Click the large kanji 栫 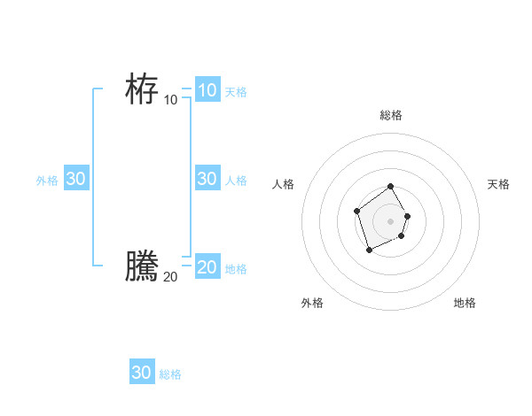(x=142, y=89)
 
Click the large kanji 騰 (x=142, y=266)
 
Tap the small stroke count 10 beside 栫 (x=170, y=100)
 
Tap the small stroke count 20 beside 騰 (x=170, y=277)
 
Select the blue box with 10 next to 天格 (x=207, y=90)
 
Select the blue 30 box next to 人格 (x=207, y=179)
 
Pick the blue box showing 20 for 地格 (x=207, y=267)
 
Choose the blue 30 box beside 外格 (x=75, y=179)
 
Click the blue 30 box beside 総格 (x=141, y=373)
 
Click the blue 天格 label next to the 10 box (x=236, y=92)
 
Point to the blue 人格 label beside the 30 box (x=236, y=181)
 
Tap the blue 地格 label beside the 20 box (x=236, y=269)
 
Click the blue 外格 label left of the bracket (x=47, y=181)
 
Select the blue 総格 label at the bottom (x=170, y=374)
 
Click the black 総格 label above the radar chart (x=391, y=115)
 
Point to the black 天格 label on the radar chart (x=498, y=184)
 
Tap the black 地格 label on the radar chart (x=465, y=303)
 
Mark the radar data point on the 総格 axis (x=391, y=188)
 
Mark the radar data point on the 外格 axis (x=370, y=250)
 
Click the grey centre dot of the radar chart (x=391, y=221)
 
